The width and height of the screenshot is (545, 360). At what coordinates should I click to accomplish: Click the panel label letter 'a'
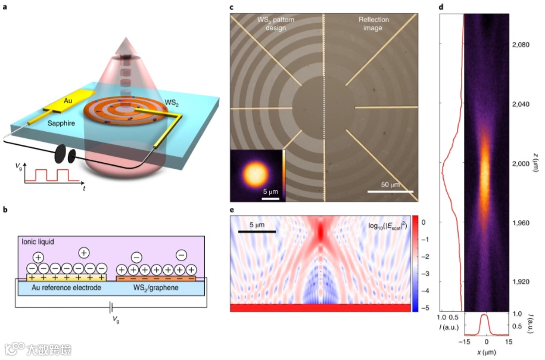pyautogui.click(x=5, y=7)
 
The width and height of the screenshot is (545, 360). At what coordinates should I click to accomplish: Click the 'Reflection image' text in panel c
pyautogui.click(x=373, y=23)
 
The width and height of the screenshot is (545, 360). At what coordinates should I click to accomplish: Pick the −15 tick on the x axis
pyautogui.click(x=465, y=342)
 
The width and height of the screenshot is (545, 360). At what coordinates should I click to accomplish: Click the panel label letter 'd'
pyautogui.click(x=440, y=7)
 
